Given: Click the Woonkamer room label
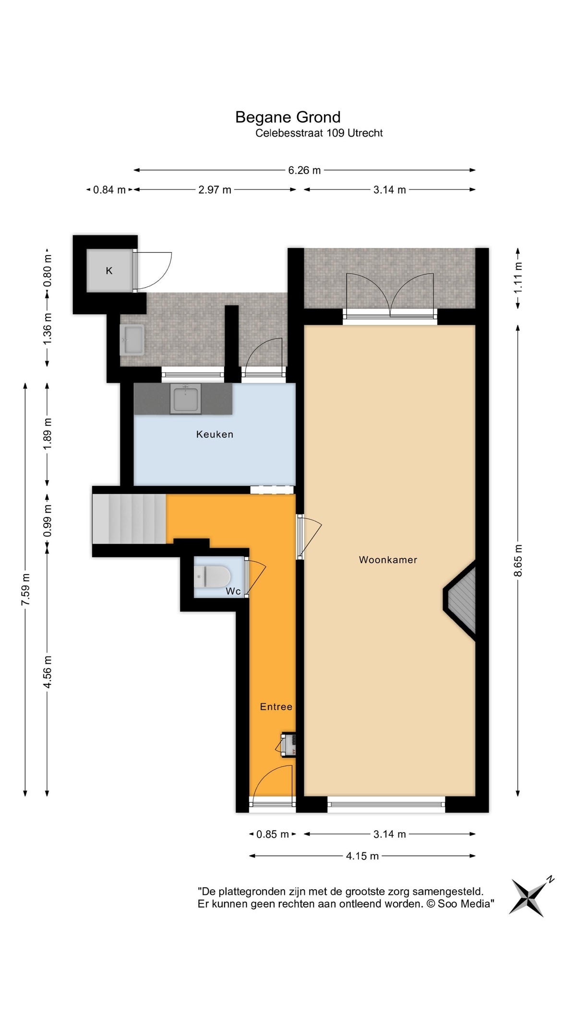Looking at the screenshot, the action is (x=388, y=560).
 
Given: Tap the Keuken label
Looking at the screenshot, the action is (x=215, y=434).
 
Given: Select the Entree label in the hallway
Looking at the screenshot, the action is (x=276, y=706).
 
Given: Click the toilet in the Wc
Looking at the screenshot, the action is (x=212, y=576).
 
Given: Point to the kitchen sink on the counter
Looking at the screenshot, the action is (x=185, y=399).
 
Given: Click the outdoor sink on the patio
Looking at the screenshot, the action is (x=132, y=340).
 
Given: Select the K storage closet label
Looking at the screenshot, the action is (x=109, y=270).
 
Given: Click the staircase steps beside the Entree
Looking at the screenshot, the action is (x=129, y=519).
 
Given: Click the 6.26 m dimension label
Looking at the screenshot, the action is (x=304, y=170).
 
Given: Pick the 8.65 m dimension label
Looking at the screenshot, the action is (x=518, y=561).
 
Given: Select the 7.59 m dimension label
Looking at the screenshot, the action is (x=25, y=589).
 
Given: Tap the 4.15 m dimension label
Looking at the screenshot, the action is (x=362, y=856).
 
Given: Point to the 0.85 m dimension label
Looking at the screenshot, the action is (x=273, y=834).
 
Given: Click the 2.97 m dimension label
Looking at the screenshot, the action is (x=215, y=190).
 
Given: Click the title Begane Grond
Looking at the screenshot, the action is (x=288, y=117).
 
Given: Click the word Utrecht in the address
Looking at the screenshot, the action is (x=365, y=133).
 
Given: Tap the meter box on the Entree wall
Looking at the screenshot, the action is (x=288, y=745).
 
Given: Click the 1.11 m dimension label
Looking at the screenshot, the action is (x=518, y=279).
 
